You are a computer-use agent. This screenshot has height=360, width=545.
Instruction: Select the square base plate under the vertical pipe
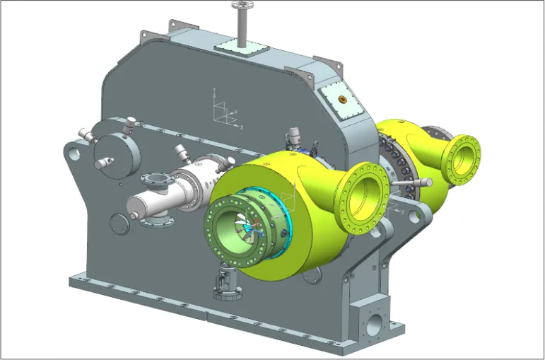[x=241, y=48]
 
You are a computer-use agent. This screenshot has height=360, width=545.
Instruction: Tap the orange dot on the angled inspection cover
[x=343, y=98]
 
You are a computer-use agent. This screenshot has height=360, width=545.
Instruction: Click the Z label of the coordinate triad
[x=242, y=125]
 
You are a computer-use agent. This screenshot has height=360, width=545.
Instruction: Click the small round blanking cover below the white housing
[x=119, y=224]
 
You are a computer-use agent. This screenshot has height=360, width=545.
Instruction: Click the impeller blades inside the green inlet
[x=245, y=226]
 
